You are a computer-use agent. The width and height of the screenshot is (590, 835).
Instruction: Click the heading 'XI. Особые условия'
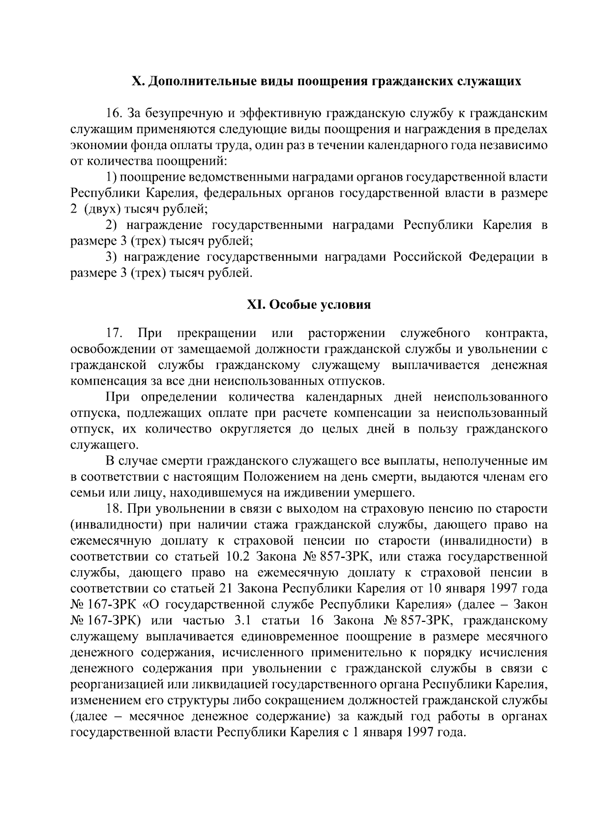(x=308, y=305)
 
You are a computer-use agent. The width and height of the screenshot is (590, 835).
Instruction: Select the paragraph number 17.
(x=115, y=334)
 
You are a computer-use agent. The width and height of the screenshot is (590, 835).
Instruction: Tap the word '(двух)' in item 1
(x=102, y=209)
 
